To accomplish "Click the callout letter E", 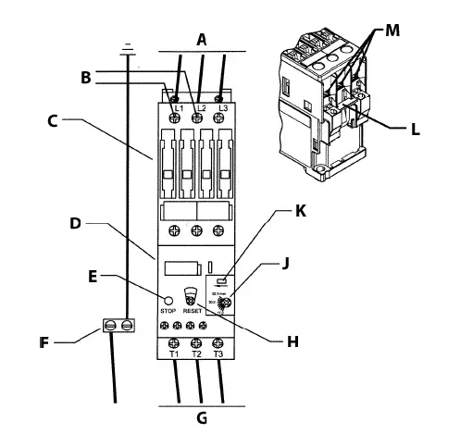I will (x=93, y=275).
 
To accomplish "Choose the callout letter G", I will (x=202, y=415).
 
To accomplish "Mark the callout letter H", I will (x=293, y=341).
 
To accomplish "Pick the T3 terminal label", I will (x=218, y=354).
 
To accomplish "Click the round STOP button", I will (x=168, y=300).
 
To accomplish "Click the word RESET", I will (x=193, y=312).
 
